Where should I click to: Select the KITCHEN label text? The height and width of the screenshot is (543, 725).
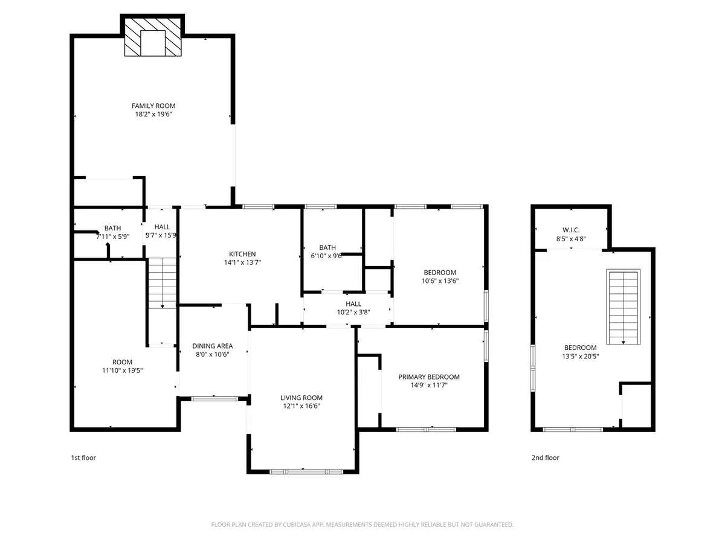coord(242,254)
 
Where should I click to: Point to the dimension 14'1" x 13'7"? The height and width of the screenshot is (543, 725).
coord(242,262)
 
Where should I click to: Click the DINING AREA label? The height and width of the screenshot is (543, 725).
coord(213,346)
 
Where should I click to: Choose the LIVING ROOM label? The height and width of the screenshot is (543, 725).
coord(301,398)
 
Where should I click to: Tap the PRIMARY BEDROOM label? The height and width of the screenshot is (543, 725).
coord(428,377)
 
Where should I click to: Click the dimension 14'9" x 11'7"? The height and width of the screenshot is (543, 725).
coord(428,386)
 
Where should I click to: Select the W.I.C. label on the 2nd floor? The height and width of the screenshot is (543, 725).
coord(570,229)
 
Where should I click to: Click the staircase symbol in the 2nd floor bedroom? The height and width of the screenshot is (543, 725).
coord(623,308)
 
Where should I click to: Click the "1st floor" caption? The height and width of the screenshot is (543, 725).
coord(83,458)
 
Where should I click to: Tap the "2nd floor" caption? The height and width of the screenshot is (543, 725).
coord(545,458)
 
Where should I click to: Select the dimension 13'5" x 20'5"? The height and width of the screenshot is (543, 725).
coord(580,356)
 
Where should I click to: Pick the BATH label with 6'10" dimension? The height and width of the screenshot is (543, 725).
coord(327,247)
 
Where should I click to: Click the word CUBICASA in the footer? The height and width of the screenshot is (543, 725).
coord(295,525)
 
